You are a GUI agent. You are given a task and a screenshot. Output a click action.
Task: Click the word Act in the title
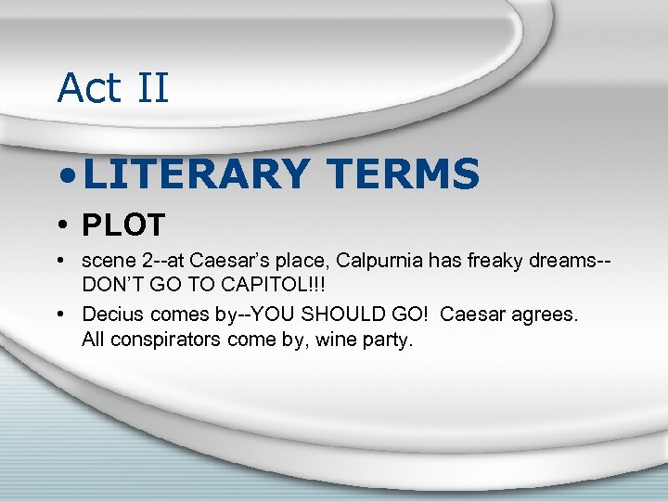pos(89,88)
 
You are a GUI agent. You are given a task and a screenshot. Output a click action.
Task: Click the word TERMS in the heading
pos(404,173)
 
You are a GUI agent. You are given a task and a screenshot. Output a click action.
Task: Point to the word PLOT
pos(123,225)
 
